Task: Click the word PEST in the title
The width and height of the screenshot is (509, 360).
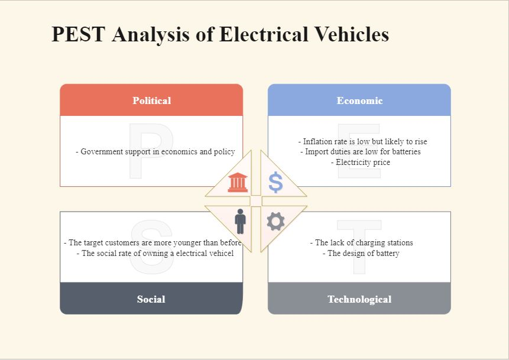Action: (x=79, y=34)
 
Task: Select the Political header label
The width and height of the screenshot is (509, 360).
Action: (x=151, y=100)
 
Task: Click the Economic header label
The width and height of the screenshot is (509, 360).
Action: (x=359, y=100)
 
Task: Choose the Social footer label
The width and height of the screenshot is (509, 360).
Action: (x=151, y=299)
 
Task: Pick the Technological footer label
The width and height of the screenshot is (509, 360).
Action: (x=359, y=299)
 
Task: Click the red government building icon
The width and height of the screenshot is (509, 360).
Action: (x=238, y=182)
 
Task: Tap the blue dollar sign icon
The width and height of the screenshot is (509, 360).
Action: (x=275, y=182)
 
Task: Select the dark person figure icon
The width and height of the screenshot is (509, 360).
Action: (x=240, y=222)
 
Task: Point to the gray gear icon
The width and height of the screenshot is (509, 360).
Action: (x=275, y=222)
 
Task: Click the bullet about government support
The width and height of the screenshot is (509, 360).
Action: (x=155, y=151)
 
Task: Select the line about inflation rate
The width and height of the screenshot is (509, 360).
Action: (x=362, y=141)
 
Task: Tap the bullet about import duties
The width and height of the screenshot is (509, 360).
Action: (x=361, y=151)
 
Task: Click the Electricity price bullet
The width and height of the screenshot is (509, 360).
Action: (x=361, y=162)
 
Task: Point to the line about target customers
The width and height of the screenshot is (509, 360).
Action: (x=153, y=242)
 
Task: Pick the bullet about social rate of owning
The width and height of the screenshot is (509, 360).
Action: (x=155, y=253)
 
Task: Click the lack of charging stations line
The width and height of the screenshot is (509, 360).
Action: (x=361, y=242)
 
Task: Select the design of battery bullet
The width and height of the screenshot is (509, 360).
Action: (x=361, y=253)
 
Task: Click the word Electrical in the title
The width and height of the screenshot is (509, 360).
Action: (x=264, y=34)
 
